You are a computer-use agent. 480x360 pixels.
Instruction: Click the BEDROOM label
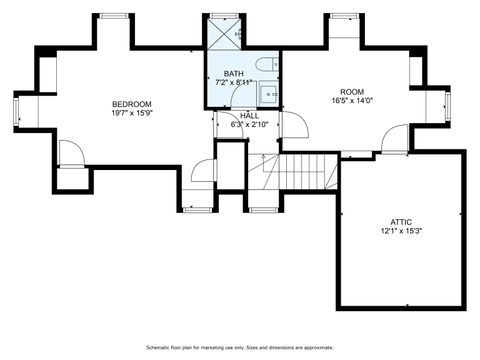(x=131, y=104)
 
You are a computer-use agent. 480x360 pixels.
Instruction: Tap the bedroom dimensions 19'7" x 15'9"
(x=131, y=113)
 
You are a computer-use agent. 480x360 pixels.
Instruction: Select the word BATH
(x=233, y=74)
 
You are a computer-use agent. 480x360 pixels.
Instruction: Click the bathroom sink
(x=268, y=95)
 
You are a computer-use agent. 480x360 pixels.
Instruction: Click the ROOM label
(x=352, y=91)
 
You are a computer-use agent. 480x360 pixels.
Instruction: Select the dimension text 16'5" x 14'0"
(x=352, y=100)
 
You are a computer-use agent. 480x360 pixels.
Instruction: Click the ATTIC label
(x=401, y=222)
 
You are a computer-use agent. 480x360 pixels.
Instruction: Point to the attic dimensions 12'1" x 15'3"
(x=401, y=231)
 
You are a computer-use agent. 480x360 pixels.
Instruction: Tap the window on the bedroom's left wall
(x=16, y=110)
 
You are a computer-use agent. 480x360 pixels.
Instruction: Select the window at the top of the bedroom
(x=112, y=16)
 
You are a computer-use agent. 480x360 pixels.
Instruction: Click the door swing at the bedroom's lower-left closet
(x=70, y=154)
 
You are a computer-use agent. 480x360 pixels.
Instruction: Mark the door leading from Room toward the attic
(x=395, y=138)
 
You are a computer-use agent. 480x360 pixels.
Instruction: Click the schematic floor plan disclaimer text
(x=240, y=347)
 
